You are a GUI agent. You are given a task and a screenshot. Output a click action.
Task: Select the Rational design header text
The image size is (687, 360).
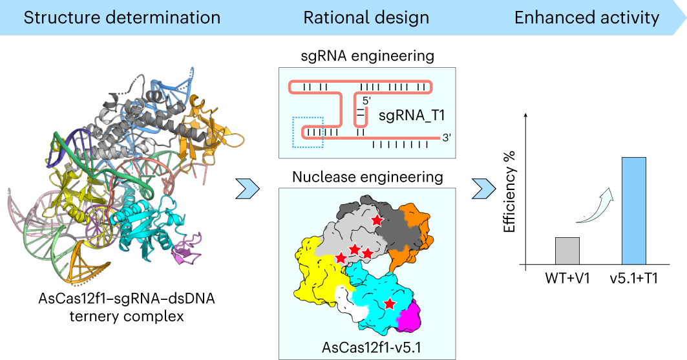coord(366,17)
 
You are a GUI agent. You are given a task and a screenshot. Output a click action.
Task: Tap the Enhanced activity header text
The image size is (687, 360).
coord(586,17)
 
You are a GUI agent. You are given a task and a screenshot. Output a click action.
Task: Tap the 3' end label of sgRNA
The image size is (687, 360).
coord(445,136)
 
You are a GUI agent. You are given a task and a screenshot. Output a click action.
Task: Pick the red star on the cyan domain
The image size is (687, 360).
coord(389,303)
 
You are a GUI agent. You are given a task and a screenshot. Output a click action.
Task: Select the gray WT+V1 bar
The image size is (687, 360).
coord(567,251)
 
